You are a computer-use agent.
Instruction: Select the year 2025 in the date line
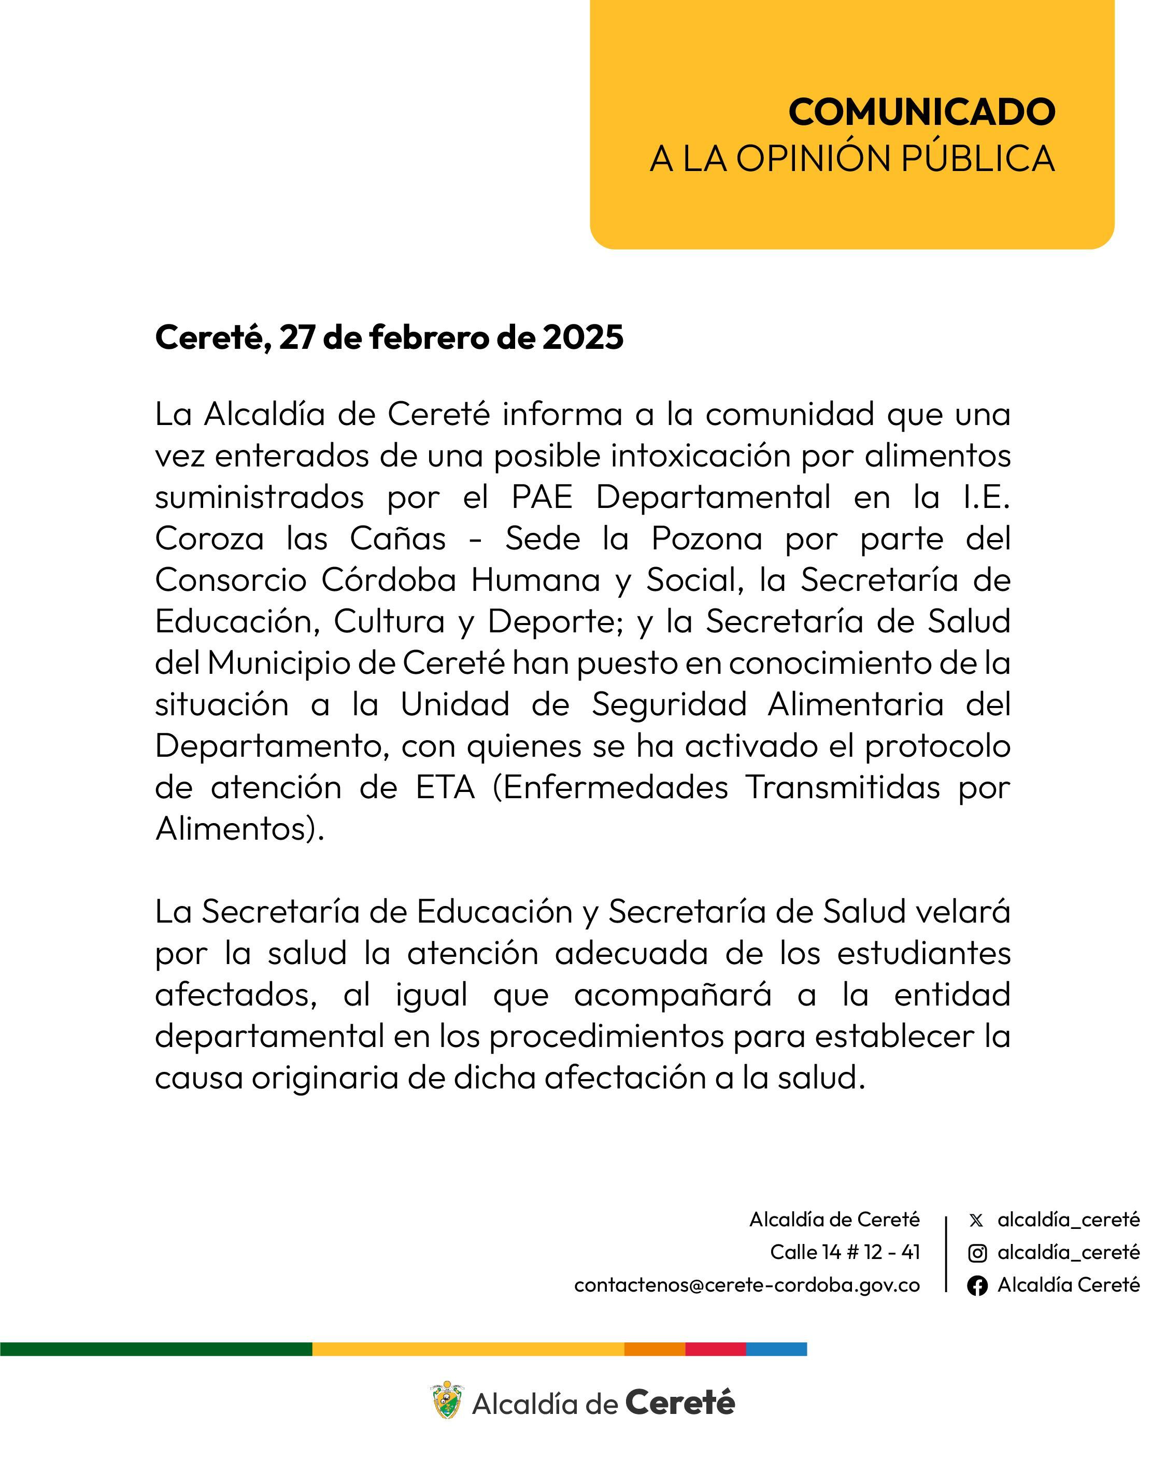coord(582,337)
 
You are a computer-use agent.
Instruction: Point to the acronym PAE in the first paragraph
coord(542,498)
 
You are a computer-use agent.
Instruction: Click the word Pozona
coord(707,539)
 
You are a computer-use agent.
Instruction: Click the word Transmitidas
coord(843,788)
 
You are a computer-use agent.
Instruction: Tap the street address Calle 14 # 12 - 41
coord(845,1252)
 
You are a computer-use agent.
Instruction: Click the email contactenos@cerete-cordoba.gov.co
coord(747,1284)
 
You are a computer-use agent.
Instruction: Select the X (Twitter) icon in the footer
coord(976,1220)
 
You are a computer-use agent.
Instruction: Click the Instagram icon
coord(977,1253)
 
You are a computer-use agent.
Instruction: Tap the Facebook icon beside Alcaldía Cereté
coord(977,1285)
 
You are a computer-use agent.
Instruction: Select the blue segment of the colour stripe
coord(776,1349)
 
